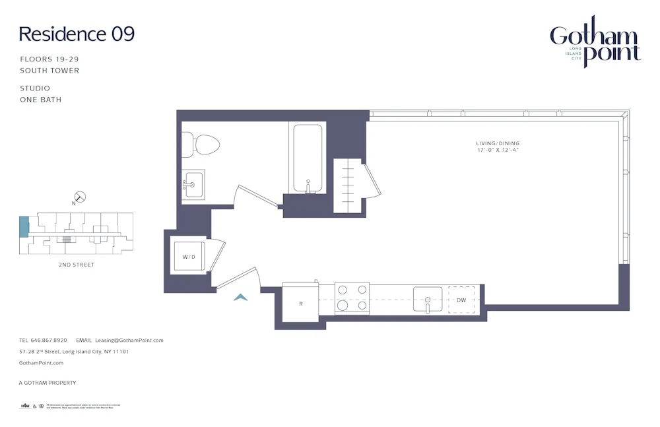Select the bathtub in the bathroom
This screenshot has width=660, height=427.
click(306, 158)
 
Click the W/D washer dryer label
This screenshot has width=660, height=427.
click(189, 257)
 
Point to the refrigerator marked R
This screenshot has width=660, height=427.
click(300, 304)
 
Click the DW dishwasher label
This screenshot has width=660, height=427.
click(461, 300)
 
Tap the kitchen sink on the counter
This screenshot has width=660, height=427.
click(428, 299)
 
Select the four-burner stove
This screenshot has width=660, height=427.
click(351, 297)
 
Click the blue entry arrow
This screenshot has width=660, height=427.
click(241, 298)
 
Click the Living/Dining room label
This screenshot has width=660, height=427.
click(498, 143)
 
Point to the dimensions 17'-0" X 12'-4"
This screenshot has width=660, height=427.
click(498, 150)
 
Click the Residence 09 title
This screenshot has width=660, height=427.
click(77, 34)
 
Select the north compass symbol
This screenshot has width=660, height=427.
click(81, 197)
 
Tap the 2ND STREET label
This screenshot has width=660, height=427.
click(76, 265)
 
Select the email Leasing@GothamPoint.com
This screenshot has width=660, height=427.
click(129, 341)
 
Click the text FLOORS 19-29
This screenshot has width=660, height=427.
click(49, 59)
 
